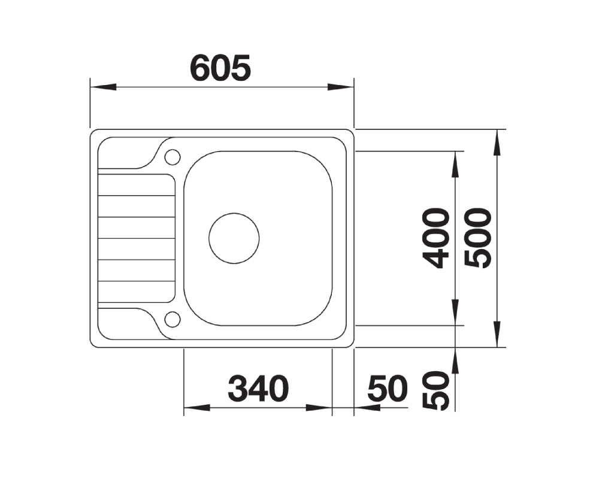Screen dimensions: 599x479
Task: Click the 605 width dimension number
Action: (220, 68)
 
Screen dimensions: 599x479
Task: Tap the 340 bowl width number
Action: (258, 389)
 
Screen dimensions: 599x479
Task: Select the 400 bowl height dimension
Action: (436, 238)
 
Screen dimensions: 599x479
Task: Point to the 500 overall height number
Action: (477, 238)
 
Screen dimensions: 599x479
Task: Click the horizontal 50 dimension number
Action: (388, 389)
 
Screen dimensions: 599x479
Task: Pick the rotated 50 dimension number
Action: (436, 391)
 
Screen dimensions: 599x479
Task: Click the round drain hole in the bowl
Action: (234, 238)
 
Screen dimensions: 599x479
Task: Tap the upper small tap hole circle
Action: (173, 157)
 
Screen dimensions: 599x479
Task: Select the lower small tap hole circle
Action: (173, 319)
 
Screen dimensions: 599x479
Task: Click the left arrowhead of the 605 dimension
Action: (103, 87)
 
